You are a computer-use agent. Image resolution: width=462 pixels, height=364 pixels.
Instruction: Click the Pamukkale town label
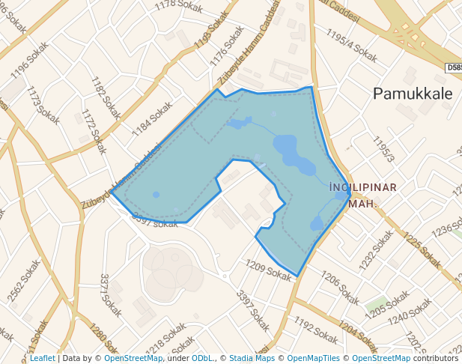[x=413, y=94]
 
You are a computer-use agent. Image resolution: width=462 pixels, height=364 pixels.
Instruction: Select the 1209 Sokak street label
[x=268, y=270]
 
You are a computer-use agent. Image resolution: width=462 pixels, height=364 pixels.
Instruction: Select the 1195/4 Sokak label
[x=352, y=45]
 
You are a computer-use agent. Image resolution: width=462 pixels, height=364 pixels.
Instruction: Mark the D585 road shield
[x=453, y=67]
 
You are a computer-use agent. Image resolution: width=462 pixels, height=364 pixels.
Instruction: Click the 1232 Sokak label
[x=376, y=249]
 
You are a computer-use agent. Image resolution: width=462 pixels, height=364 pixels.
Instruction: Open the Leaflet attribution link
[x=42, y=359]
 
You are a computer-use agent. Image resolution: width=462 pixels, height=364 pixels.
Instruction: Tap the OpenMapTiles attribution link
[x=314, y=359]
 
